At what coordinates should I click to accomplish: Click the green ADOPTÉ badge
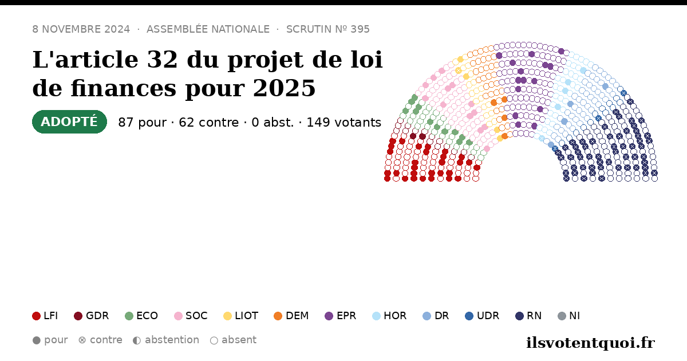[69, 122]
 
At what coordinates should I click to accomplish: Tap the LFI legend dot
[36, 316]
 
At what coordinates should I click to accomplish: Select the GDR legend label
[97, 316]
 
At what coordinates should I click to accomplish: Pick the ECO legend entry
[141, 316]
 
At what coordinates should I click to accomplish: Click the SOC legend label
[196, 316]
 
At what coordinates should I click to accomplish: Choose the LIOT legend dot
[227, 316]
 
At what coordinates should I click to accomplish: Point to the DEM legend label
[297, 316]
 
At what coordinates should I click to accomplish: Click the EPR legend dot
[329, 316]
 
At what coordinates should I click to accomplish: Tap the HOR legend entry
[389, 316]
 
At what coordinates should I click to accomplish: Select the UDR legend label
[488, 316]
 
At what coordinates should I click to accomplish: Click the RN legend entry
[528, 316]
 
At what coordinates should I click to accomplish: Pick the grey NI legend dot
[562, 316]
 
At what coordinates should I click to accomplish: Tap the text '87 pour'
[143, 123]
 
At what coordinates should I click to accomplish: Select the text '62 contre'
[208, 123]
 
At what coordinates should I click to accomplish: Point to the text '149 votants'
[344, 123]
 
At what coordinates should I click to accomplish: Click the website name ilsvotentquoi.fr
[590, 343]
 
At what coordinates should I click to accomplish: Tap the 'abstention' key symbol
[137, 340]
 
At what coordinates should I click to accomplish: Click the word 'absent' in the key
[239, 340]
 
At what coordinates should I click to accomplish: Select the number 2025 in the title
[285, 88]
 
